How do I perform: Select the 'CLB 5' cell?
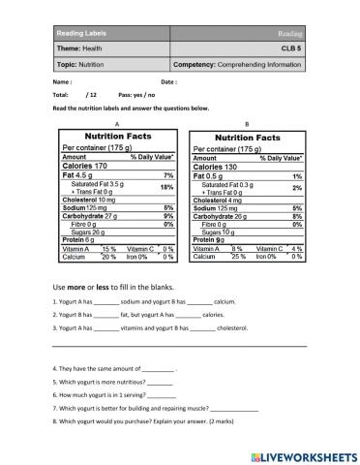point(288,49)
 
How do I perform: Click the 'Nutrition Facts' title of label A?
point(117,137)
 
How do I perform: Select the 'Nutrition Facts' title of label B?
point(248,138)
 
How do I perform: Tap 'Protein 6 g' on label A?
point(79,239)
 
